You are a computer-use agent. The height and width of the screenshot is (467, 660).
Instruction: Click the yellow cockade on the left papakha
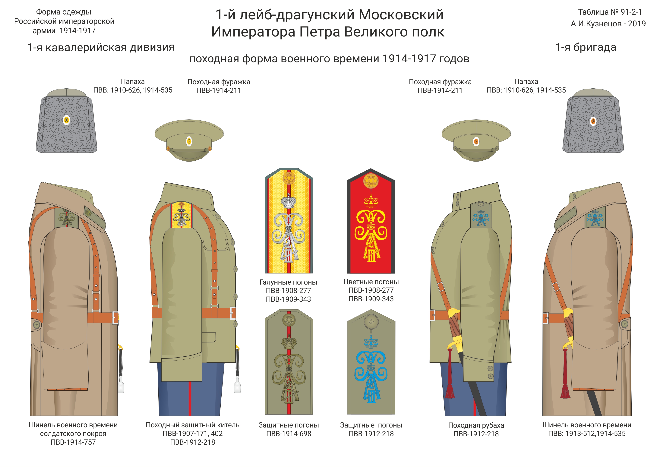pos(66,120)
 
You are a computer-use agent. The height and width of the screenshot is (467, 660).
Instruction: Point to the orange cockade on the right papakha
pos(593,121)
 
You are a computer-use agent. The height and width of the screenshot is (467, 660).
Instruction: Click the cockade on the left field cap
pos(189,141)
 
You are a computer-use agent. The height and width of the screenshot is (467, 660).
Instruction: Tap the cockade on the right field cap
pos(476,141)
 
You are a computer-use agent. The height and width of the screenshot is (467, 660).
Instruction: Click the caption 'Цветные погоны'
pos(371,282)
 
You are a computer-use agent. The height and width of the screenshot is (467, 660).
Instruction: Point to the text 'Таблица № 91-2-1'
pos(610,12)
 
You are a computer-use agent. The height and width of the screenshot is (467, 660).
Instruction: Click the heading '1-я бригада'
pos(586,47)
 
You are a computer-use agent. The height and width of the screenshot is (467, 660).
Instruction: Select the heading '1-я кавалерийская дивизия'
pos(101,47)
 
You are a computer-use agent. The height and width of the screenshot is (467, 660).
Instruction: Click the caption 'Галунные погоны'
pos(289,282)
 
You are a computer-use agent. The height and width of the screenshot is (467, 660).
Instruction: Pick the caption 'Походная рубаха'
pos(476,425)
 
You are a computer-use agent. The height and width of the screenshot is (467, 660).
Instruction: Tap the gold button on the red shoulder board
pos(371,181)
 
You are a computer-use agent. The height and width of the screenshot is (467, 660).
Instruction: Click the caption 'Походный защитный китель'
pos(192,425)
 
